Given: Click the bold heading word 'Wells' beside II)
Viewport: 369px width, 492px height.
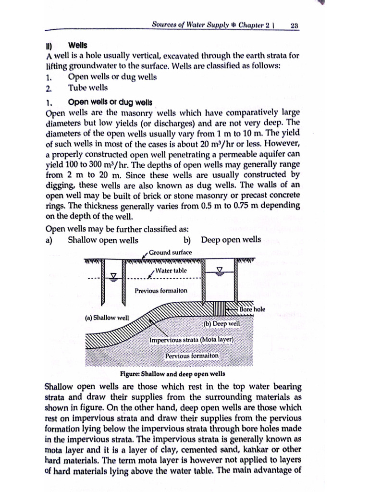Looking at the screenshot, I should click(78, 45).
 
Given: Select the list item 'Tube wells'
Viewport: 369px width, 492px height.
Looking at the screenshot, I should click(88, 87).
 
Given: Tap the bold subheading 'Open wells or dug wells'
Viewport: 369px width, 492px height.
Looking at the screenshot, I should click(110, 102).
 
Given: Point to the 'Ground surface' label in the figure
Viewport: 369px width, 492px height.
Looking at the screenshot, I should click(170, 252).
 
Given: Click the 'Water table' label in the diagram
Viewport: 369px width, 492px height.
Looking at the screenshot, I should click(172, 271).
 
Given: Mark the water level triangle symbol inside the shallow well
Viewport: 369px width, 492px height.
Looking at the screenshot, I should click(114, 275).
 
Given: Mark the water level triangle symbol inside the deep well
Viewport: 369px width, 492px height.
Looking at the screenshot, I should click(221, 270).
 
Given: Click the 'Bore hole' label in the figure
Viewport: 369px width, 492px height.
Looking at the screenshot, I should click(252, 309).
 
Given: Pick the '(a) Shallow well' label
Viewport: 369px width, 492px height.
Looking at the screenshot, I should click(107, 318).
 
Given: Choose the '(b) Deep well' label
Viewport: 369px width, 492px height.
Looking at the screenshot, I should click(221, 324).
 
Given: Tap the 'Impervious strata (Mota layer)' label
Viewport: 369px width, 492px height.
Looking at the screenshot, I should click(191, 340).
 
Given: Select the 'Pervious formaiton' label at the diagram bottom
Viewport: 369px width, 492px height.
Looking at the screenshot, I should click(192, 356).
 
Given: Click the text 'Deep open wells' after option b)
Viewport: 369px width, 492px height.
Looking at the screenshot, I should click(231, 240).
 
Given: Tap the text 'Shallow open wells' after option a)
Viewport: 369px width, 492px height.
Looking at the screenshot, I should click(103, 240).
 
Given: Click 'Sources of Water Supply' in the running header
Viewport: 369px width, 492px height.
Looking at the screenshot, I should click(189, 25).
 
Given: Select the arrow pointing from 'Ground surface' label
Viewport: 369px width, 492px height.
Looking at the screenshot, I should click(146, 255).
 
